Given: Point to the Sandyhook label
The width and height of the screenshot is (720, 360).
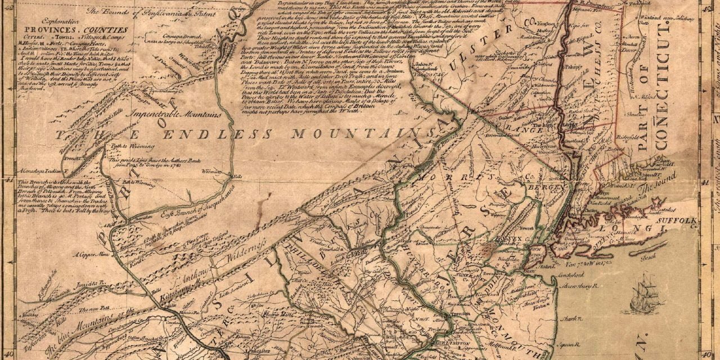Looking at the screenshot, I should pos(575,276).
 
